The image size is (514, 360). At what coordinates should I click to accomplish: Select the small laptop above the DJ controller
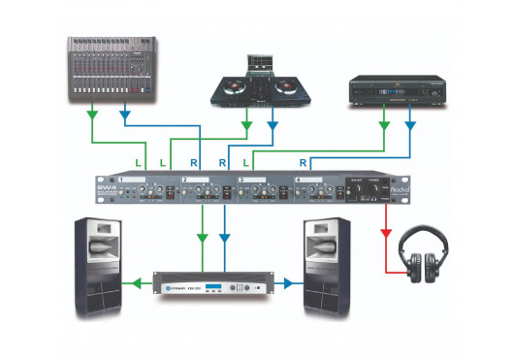[259, 62]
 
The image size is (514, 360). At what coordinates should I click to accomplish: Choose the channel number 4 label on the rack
[299, 180]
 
